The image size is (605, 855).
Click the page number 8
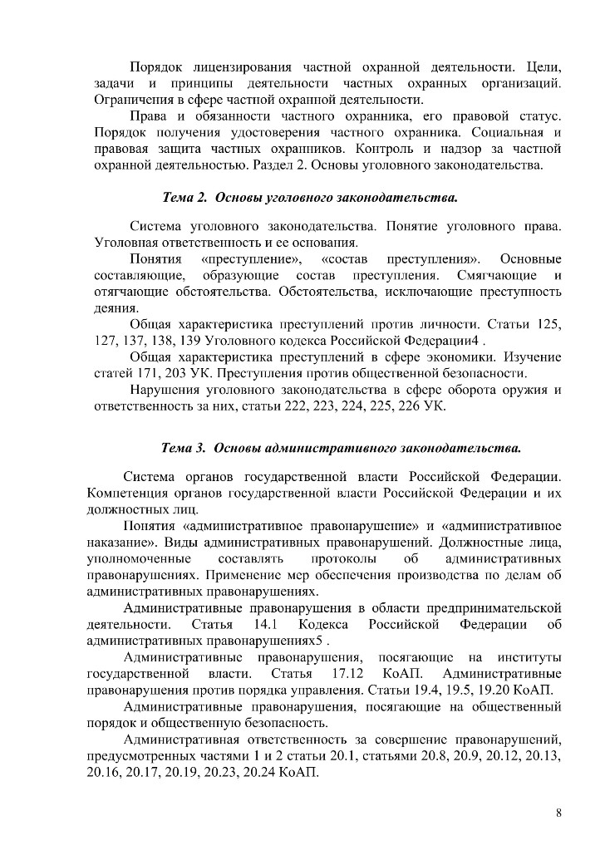(558, 813)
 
